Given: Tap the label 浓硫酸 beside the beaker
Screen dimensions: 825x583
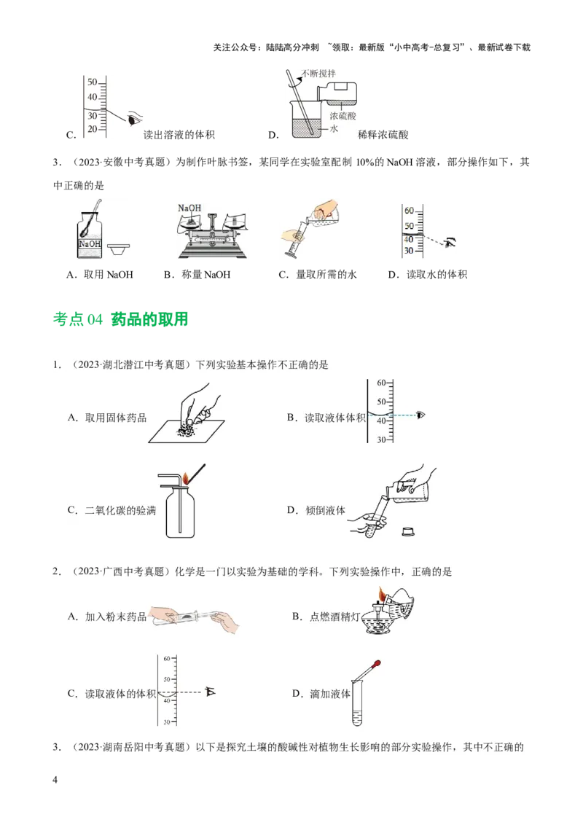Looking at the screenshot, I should click(x=343, y=116).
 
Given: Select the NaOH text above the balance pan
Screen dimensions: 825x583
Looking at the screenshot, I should click(x=189, y=208).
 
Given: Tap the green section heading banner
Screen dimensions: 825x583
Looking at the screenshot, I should click(x=122, y=318).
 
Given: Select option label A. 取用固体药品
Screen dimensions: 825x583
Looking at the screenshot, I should click(x=107, y=418).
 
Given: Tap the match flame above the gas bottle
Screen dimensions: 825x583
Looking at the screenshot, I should click(x=187, y=478).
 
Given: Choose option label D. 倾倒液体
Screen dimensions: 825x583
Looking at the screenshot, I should click(x=316, y=510).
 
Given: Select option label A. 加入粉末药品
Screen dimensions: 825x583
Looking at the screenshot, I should click(x=107, y=617).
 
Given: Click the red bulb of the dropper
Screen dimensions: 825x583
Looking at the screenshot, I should click(x=378, y=665).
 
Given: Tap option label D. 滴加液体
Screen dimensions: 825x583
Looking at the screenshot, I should click(x=321, y=693).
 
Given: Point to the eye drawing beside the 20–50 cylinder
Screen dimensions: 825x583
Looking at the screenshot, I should click(x=135, y=119).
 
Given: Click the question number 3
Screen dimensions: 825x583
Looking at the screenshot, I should click(x=56, y=747).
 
